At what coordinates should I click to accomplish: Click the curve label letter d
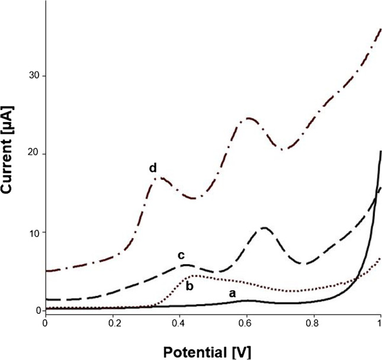(153, 169)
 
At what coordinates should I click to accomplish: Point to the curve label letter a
(232, 293)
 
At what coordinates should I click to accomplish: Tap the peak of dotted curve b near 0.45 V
(193, 276)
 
